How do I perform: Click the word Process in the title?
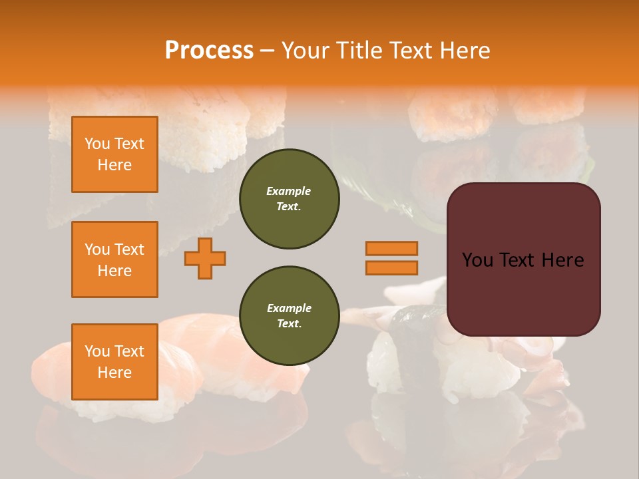[209, 50]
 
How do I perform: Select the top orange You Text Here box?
[114, 154]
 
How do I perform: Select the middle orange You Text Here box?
[114, 259]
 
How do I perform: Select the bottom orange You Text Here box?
[114, 361]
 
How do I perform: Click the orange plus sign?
[205, 258]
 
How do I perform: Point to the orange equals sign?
[391, 258]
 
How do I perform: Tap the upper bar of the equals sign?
[391, 248]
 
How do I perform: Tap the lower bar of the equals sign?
[391, 267]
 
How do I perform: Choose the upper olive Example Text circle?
[290, 199]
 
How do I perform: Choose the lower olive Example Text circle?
[290, 316]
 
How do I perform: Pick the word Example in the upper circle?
[289, 191]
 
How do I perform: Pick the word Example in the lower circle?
[289, 308]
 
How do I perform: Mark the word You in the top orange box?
[97, 144]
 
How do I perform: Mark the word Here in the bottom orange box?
[114, 373]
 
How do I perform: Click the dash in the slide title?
[268, 50]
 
